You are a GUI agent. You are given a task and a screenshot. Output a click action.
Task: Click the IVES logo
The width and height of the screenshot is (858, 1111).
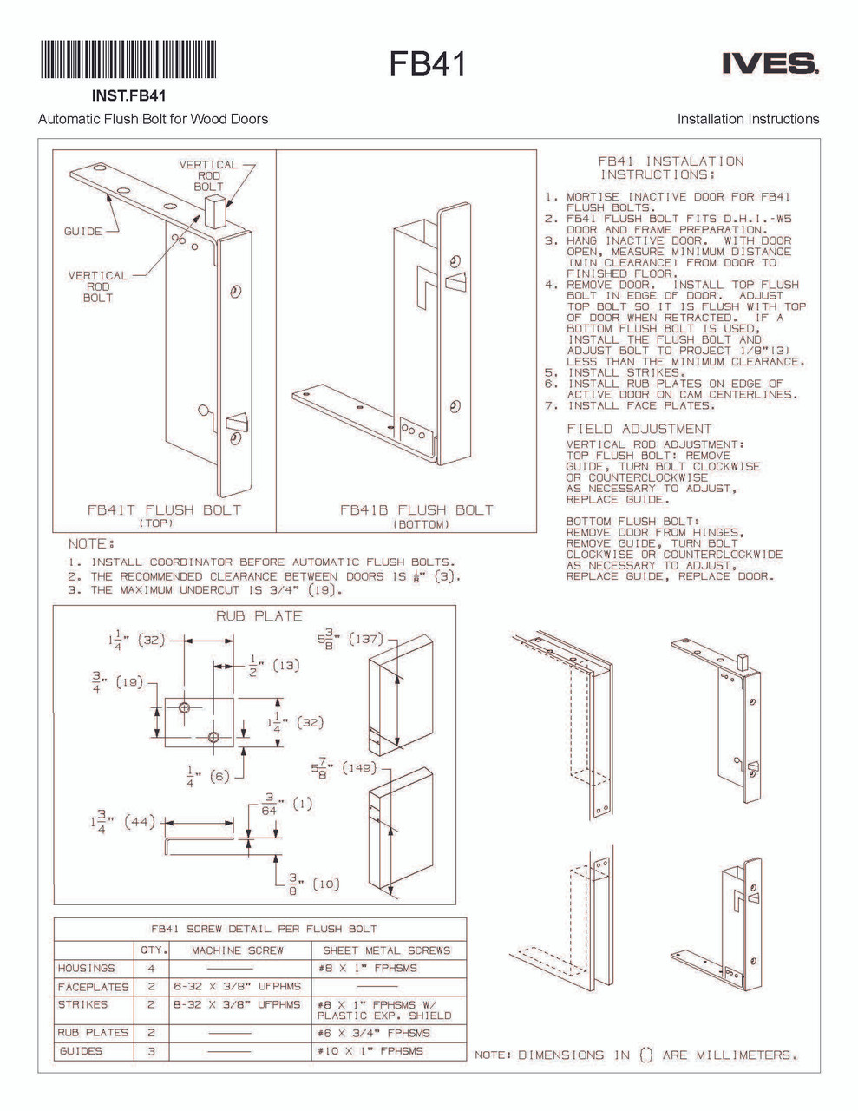pyautogui.click(x=769, y=63)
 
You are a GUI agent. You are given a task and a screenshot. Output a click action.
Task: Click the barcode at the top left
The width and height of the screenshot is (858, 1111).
pyautogui.click(x=128, y=61)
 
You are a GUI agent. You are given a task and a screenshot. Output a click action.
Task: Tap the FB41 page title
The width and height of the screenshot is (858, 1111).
pyautogui.click(x=427, y=63)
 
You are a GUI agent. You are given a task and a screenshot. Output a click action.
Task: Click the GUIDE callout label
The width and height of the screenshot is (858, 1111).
pyautogui.click(x=82, y=232)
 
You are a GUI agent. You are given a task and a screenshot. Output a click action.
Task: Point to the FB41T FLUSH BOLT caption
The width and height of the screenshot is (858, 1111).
pyautogui.click(x=164, y=510)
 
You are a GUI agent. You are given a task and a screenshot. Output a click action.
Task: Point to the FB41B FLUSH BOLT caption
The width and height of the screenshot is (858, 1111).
pyautogui.click(x=416, y=510)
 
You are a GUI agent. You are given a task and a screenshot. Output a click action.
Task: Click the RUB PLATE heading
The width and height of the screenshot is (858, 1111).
pyautogui.click(x=259, y=616)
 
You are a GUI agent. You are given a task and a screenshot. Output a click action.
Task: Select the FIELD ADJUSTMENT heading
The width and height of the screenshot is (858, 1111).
pyautogui.click(x=639, y=429)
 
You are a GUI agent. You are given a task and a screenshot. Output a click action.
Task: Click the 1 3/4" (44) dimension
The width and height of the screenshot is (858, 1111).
pyautogui.click(x=121, y=822)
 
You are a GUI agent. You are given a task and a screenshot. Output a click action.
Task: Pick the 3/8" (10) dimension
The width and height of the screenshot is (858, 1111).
pyautogui.click(x=313, y=884)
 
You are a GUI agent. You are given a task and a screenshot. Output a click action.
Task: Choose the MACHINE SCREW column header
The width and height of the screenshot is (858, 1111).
pyautogui.click(x=238, y=950)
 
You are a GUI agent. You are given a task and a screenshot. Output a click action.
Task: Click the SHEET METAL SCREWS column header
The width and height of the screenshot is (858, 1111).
pyautogui.click(x=387, y=950)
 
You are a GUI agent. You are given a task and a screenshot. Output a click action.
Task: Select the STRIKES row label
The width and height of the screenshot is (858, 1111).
pyautogui.click(x=83, y=1004)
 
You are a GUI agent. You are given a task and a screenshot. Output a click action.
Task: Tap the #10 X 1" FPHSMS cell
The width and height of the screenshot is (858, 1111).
pyautogui.click(x=370, y=1051)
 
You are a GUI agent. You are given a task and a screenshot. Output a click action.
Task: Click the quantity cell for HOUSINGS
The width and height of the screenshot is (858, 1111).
pyautogui.click(x=152, y=968)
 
